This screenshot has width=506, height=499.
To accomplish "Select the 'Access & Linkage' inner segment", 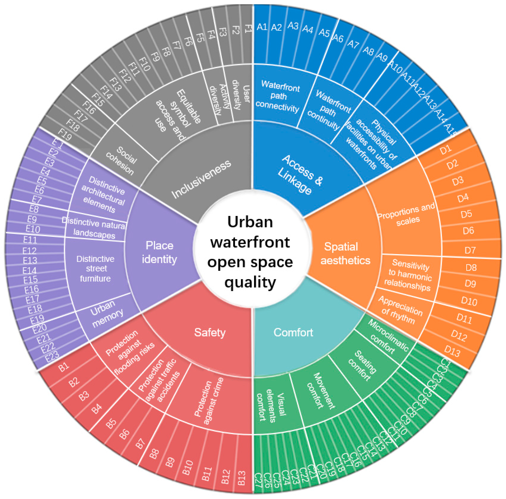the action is pos(300,174).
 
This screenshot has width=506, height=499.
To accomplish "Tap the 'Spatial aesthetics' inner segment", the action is pos(345,253).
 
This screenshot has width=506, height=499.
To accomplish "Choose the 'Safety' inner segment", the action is pos(209,332).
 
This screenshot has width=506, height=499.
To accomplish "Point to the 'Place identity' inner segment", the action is pos(159,252).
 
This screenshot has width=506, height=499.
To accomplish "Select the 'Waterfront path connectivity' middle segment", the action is pos(278,96).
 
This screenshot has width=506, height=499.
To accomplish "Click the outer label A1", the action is pos(262,27).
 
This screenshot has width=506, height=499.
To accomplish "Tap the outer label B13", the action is pos(241,478).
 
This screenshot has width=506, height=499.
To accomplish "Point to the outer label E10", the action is pos(33,229).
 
